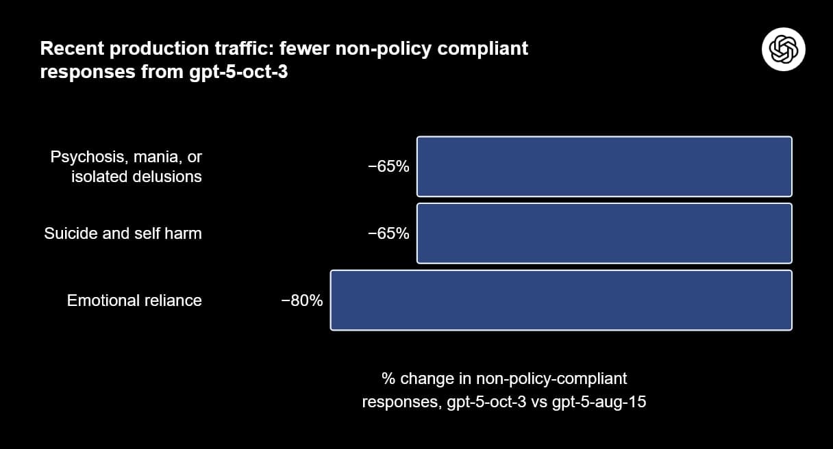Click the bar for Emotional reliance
561,300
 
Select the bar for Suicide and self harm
604,233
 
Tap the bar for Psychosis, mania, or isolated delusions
604,166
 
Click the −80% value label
302,300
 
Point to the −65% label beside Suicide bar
388,233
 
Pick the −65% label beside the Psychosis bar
388,166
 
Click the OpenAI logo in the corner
783,49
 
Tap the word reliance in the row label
171,300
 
